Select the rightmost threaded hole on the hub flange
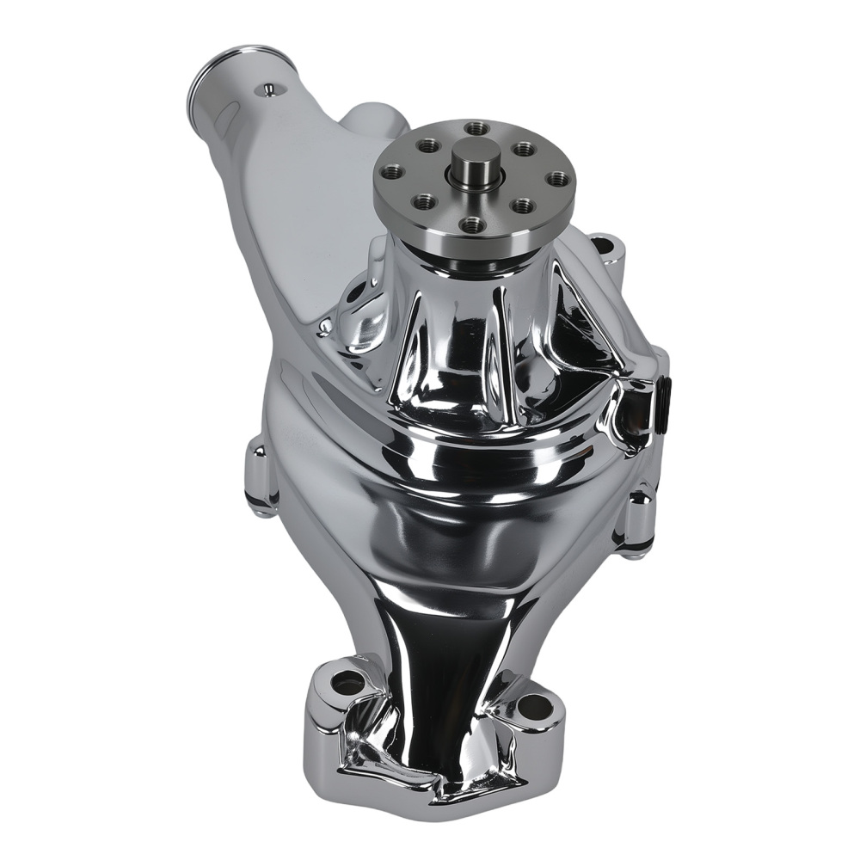tap(558, 179)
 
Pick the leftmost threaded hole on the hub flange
tap(392, 171)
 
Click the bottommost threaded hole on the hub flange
tap(470, 224)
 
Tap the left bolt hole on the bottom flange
tap(348, 685)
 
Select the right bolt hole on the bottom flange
tap(535, 708)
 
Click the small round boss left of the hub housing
tap(324, 326)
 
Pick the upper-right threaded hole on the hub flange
tap(524, 149)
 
